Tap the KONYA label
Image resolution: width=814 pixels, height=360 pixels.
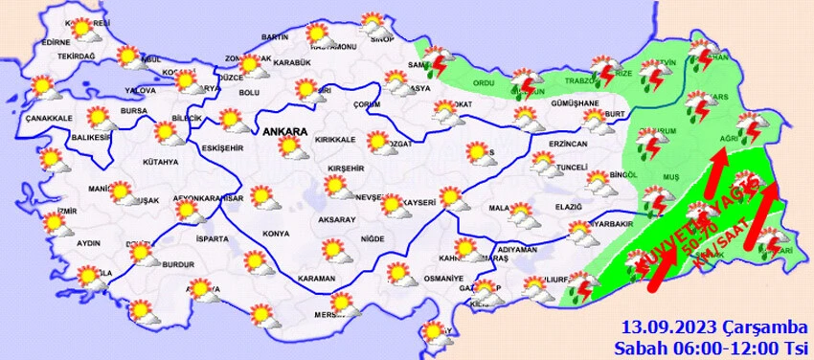(x=276, y=233)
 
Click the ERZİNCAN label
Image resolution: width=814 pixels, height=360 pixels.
(x=568, y=144)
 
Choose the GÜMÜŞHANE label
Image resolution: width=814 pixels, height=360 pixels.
(x=576, y=102)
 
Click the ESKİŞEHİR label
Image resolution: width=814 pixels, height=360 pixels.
(x=223, y=147)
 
